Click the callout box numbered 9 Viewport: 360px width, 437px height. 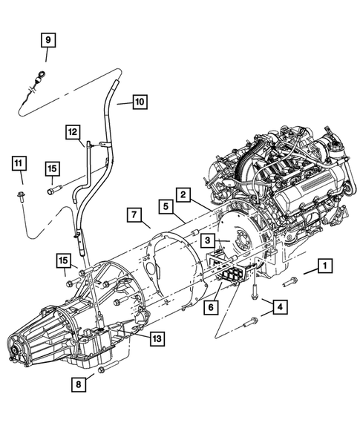click(x=47, y=39)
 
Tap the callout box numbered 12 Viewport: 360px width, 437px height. click(x=72, y=131)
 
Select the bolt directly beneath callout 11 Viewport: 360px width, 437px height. click(x=19, y=198)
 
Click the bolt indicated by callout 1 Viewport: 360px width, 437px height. click(x=291, y=281)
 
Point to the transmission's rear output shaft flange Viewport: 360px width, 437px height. click(x=16, y=352)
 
